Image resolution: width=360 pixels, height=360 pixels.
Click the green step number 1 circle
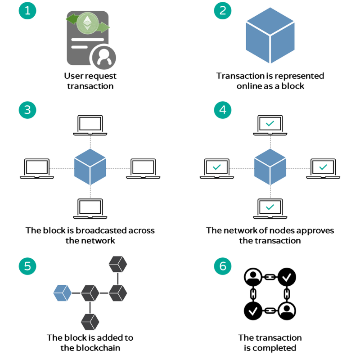27,10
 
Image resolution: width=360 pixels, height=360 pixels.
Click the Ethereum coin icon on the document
87,23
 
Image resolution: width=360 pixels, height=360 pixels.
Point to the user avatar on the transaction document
103,58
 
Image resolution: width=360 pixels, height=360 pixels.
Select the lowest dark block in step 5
90,321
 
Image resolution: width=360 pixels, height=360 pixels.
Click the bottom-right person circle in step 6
286,310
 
